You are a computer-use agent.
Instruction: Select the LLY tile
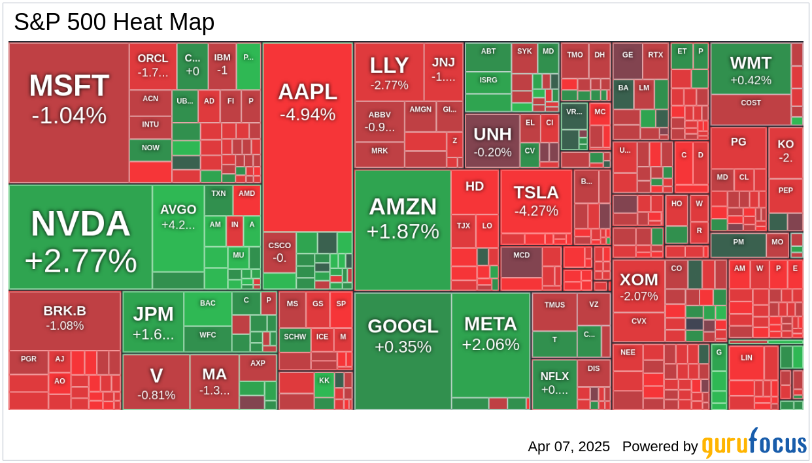click(389, 72)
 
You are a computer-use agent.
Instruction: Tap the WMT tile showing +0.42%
click(751, 69)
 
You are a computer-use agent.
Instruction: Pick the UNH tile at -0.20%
click(492, 140)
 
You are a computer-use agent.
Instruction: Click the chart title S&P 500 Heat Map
click(114, 22)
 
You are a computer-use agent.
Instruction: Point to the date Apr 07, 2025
click(569, 447)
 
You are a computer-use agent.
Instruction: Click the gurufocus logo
click(754, 444)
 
